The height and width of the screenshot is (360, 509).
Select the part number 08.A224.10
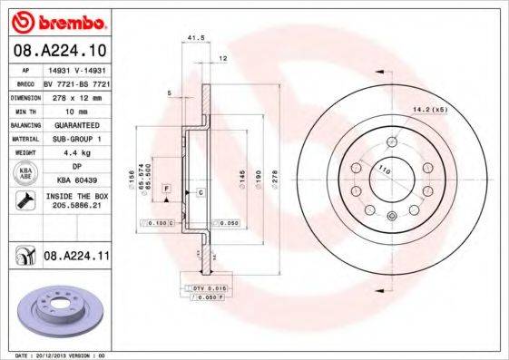point(59,49)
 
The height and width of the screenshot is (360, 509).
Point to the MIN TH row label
point(26,110)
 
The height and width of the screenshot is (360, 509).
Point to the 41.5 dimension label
point(192,37)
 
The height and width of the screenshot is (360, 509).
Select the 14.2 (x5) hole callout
point(430,111)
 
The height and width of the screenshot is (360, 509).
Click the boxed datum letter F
point(167,187)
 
